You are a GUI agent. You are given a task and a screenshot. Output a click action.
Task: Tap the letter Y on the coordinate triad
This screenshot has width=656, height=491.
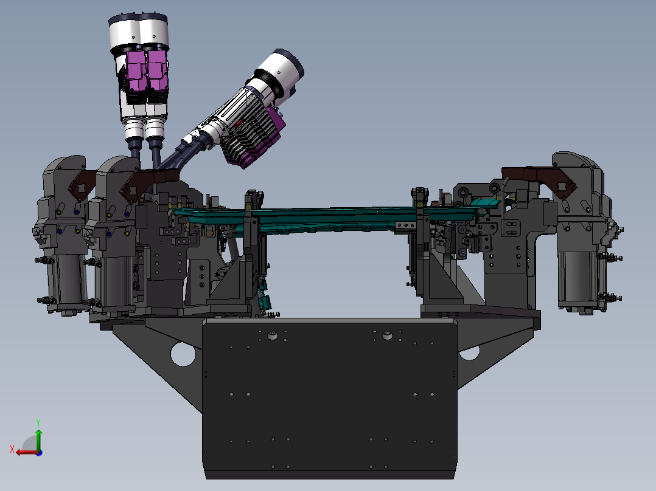point(38,422)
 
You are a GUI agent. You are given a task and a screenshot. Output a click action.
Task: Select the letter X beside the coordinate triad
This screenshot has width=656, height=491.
point(12,449)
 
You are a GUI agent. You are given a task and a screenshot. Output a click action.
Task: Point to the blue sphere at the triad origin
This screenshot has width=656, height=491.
point(39,453)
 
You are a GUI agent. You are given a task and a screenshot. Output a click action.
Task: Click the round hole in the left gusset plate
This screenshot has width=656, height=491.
point(183,354)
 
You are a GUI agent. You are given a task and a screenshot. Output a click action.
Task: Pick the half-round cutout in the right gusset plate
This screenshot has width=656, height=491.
point(469,354)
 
